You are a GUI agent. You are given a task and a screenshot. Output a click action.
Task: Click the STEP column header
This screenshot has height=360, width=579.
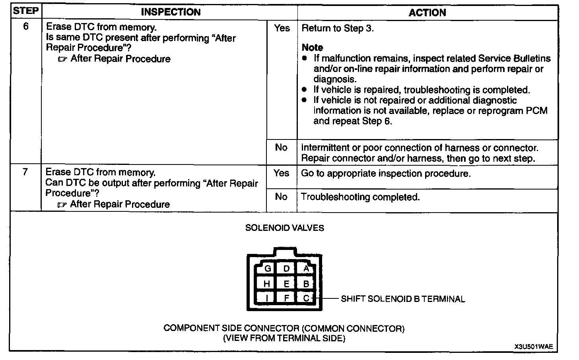26,11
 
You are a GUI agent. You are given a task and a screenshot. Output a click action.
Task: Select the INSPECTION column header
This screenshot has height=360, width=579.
171,12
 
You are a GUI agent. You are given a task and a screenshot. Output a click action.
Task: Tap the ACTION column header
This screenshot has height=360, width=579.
427,12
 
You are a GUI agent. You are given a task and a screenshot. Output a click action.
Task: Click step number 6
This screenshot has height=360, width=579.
26,27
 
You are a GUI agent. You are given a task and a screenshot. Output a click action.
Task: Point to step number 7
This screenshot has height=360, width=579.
25,172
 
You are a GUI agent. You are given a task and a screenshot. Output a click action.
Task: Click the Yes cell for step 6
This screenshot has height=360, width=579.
282,28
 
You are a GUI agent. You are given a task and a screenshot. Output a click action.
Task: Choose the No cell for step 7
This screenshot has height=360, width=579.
281,197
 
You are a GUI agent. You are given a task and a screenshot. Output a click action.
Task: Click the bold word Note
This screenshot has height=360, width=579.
312,48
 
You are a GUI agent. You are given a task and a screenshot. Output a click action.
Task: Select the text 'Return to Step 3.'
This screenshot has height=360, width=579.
338,28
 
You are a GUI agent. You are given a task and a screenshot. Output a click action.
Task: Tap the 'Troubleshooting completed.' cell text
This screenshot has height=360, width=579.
360,197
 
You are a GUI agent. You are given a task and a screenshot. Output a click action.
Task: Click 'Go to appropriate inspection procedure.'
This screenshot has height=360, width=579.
386,174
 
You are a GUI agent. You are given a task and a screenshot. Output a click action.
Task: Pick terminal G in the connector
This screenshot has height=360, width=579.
268,269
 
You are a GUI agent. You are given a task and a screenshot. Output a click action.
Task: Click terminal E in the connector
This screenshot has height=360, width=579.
286,284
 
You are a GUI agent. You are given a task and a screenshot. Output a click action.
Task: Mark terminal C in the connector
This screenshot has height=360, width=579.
306,298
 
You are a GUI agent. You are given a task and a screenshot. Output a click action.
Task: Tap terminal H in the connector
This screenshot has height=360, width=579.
267,284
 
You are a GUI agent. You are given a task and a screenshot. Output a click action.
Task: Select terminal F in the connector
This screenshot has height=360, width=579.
286,298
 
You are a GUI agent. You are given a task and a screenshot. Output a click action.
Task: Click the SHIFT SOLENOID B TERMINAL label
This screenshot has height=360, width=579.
402,299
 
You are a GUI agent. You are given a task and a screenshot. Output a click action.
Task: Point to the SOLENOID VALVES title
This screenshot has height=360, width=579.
284,228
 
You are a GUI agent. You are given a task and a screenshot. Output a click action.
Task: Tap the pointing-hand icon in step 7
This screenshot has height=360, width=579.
62,205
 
